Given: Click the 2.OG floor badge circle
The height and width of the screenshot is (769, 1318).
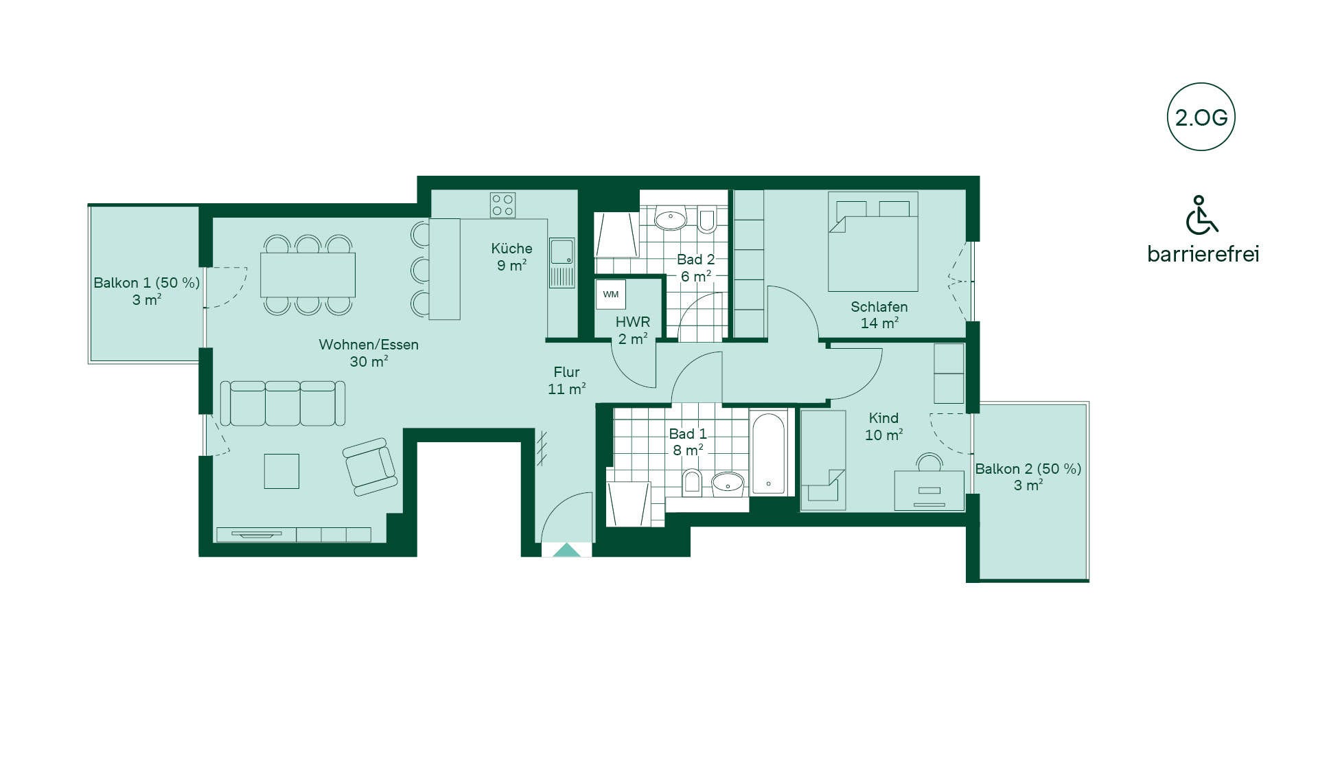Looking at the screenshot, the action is [1201, 84].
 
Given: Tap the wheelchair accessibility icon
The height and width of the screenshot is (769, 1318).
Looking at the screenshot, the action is [1201, 215].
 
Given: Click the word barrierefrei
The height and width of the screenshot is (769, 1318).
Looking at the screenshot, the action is [1203, 254].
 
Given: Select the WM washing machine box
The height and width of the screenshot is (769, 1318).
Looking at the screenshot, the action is [610, 295].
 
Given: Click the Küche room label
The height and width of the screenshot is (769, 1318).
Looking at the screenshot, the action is [511, 249].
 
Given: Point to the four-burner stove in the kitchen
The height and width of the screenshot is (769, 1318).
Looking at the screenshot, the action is [502, 205].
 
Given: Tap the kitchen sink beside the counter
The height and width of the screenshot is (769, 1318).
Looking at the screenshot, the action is [562, 251].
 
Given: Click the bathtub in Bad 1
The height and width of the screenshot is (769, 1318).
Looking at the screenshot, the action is [768, 452].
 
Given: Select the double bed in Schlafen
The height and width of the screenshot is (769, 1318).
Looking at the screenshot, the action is [873, 242].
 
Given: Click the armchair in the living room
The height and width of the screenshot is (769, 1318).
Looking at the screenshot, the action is [370, 467].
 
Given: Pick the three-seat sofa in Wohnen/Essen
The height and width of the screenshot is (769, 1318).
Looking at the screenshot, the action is [283, 404].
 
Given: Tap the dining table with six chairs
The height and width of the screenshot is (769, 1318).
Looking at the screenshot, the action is [308, 275].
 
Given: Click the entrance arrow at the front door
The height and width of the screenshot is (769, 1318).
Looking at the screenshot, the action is [566, 550].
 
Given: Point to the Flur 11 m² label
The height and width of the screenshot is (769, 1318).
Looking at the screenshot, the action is [566, 380].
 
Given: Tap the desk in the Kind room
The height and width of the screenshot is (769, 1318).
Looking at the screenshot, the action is [929, 490].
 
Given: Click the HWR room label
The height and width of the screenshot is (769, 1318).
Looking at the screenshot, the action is [632, 322].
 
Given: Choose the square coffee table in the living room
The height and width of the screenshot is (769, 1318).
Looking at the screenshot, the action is [281, 471].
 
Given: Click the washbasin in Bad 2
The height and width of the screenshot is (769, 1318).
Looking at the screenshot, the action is [670, 220].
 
